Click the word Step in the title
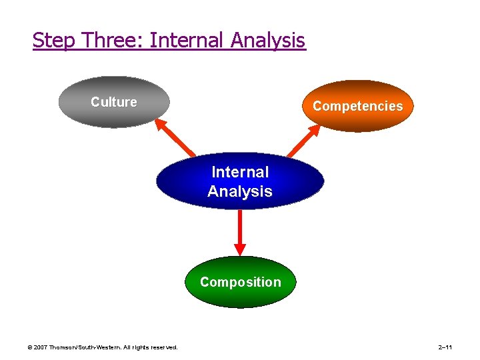tap(55, 41)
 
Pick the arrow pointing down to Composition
tap(240, 233)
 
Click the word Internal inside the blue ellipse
tap(240, 172)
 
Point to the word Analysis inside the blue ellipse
tap(240, 191)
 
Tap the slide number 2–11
tap(445, 347)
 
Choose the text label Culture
tap(114, 102)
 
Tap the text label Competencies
tap(358, 106)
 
